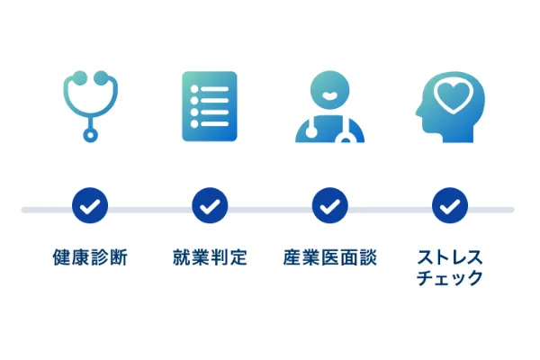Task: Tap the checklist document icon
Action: tap(210, 106)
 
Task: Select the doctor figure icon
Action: tap(330, 107)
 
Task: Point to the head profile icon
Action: tap(450, 107)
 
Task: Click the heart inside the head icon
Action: tap(453, 95)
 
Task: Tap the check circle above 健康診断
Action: tap(90, 205)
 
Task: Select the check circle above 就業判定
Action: tap(210, 205)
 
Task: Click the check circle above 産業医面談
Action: tap(330, 205)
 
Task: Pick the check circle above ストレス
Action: tap(450, 205)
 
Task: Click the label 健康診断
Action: tap(90, 257)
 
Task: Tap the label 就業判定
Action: tap(210, 257)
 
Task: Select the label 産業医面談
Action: tap(330, 257)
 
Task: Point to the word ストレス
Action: tap(450, 257)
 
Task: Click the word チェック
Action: tap(450, 277)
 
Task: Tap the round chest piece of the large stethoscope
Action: tap(90, 135)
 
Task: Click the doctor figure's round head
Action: tap(330, 90)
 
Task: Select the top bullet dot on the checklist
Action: tap(194, 89)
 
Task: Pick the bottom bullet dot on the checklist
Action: tap(194, 123)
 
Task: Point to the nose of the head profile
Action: tap(418, 112)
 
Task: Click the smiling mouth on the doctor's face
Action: tap(330, 95)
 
